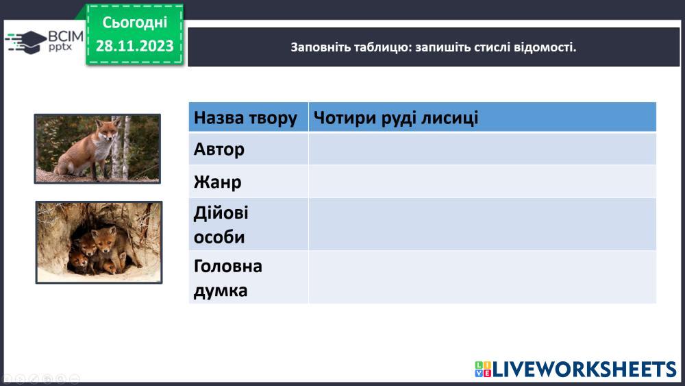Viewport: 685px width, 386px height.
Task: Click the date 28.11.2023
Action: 134,45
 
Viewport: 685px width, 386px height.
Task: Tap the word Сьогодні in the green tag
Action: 134,23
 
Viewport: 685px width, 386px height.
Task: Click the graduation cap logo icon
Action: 25,43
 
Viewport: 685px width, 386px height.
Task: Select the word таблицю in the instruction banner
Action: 382,47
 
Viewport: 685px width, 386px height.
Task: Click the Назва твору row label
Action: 245,118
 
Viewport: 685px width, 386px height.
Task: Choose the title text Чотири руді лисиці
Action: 396,117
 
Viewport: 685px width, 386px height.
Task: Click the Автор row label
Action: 219,149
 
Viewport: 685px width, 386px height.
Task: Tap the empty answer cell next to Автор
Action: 482,149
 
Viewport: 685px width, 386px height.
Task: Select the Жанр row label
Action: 217,182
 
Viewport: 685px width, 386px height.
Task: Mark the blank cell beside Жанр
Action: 482,182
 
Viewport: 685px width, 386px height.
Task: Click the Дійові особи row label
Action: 221,225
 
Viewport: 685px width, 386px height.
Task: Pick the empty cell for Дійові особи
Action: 482,224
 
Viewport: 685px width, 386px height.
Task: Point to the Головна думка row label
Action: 227,278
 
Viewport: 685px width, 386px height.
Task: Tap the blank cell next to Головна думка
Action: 482,277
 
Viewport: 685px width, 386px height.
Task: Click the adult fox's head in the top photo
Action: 107,130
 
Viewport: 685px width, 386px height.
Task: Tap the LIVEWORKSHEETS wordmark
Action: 584,370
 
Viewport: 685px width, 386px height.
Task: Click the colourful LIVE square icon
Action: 483,370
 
